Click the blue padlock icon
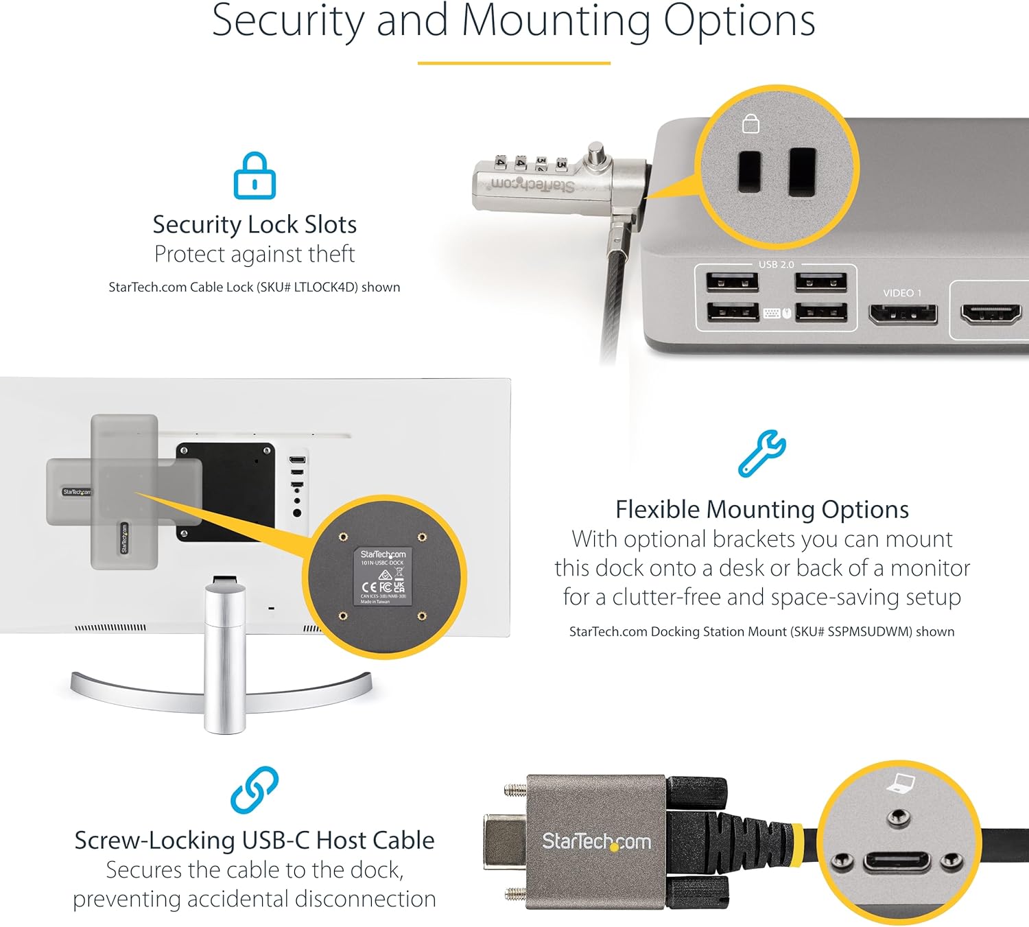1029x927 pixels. click(255, 176)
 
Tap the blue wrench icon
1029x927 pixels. click(761, 454)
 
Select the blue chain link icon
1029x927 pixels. click(255, 790)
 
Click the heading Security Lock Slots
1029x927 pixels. click(255, 224)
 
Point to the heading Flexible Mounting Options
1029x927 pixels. click(761, 510)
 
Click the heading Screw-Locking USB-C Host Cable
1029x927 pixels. click(255, 841)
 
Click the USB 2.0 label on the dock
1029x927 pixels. click(776, 265)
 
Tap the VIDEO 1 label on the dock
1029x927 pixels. click(902, 293)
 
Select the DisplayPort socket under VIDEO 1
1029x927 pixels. click(903, 314)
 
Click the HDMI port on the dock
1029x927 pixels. click(991, 314)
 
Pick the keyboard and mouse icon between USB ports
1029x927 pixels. click(777, 314)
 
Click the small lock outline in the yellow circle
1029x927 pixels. click(751, 124)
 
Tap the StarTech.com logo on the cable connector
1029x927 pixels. click(596, 841)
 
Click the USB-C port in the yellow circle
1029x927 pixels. click(897, 861)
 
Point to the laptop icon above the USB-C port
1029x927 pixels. click(901, 783)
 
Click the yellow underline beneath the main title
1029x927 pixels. click(514, 63)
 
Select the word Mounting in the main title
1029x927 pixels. click(556, 22)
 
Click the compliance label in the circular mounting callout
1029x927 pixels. click(383, 576)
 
